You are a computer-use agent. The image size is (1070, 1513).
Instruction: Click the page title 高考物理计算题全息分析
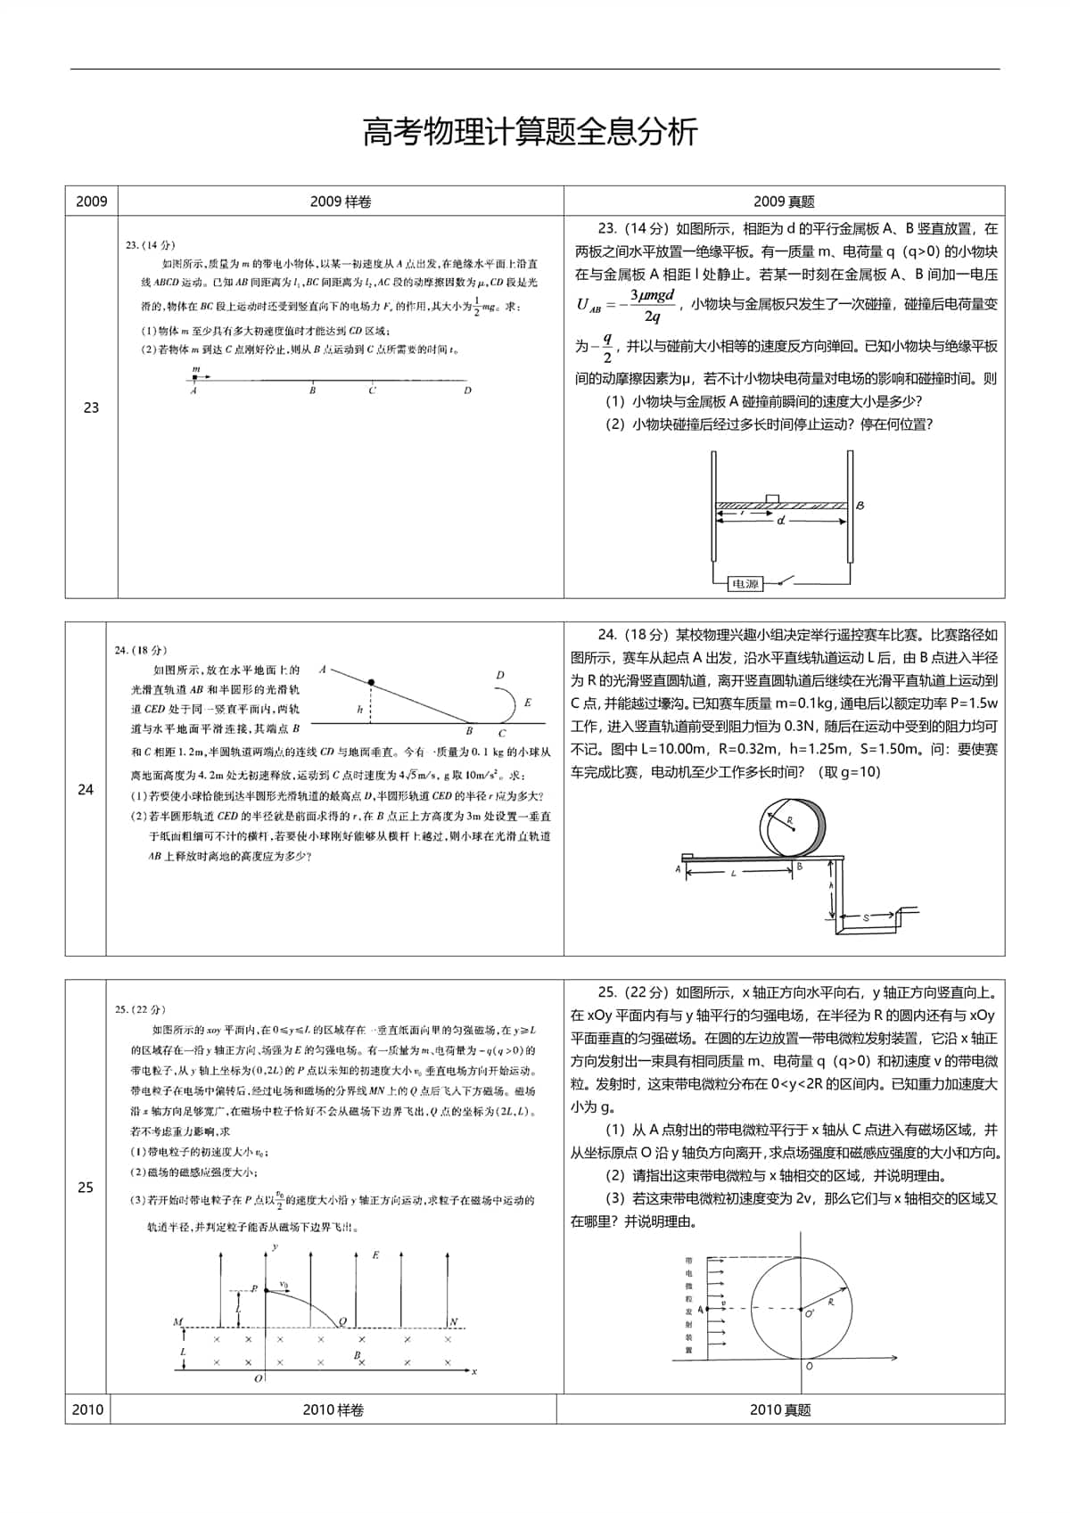pos(530,132)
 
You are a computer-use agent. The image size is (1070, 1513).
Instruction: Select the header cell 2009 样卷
pos(341,201)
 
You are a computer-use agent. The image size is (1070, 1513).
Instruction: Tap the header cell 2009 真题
pos(784,201)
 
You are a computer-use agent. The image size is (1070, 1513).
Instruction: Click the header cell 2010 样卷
pos(333,1410)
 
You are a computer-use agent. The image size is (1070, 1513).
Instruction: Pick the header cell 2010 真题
pos(780,1410)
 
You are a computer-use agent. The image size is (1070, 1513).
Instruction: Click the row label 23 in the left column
pos(91,407)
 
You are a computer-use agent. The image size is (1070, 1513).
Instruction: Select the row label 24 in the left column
pos(86,789)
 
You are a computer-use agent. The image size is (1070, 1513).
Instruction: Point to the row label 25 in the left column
pos(86,1187)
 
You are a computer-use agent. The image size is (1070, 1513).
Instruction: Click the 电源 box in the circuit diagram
pos(744,584)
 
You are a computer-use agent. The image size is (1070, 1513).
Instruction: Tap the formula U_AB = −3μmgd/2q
pos(627,305)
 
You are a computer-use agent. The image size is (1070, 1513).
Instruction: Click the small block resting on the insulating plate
pos(772,497)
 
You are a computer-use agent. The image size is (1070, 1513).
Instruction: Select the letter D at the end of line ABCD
pos(467,391)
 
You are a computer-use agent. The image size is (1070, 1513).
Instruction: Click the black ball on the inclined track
pos(371,683)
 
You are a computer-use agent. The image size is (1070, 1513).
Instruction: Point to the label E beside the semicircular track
pos(528,703)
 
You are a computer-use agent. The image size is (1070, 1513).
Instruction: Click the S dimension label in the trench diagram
pos(866,917)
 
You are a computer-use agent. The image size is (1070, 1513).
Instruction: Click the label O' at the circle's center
pos(810,1314)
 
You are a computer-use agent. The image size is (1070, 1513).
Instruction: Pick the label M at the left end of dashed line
pos(177,1322)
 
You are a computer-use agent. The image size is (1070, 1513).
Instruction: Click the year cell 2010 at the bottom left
pos(87,1410)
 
